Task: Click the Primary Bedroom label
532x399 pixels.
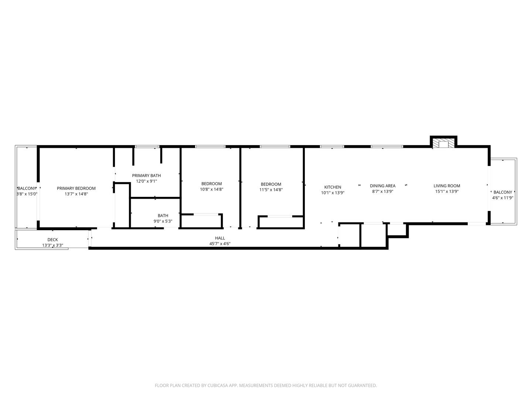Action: click(x=76, y=188)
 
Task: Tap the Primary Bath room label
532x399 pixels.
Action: click(x=146, y=175)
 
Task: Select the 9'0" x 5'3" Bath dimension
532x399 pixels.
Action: click(x=163, y=221)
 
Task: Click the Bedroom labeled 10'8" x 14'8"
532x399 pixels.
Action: click(x=211, y=184)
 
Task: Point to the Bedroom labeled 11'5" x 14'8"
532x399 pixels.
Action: click(x=271, y=184)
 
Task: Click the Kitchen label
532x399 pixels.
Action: click(x=332, y=187)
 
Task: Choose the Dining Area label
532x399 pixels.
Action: click(x=382, y=186)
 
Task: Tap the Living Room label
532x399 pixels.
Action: click(x=447, y=186)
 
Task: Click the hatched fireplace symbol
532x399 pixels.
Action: click(x=443, y=144)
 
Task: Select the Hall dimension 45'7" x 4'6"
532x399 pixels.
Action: click(x=220, y=244)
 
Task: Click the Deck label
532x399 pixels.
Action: click(x=52, y=240)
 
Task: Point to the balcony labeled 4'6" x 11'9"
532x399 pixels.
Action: click(x=502, y=192)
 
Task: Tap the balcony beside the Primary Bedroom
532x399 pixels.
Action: click(x=27, y=188)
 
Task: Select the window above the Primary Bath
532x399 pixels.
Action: click(x=147, y=147)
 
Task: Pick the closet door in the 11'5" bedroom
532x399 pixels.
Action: click(x=280, y=216)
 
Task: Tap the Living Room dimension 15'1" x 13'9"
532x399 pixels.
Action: click(x=447, y=191)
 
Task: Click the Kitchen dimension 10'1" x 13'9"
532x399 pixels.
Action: click(x=332, y=192)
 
